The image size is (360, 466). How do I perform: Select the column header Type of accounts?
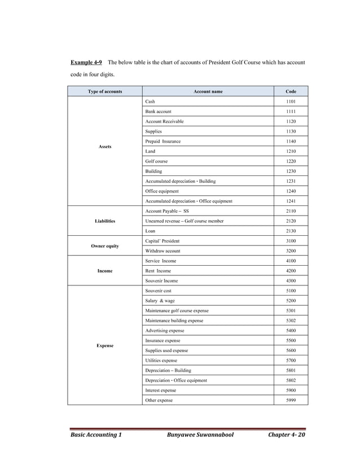(x=104, y=91)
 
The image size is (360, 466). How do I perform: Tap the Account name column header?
(x=208, y=91)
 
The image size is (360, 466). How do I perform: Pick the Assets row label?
(x=104, y=146)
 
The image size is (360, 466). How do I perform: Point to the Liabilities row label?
(x=104, y=221)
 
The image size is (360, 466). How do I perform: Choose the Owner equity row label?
(x=104, y=246)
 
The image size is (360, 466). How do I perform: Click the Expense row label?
(x=104, y=345)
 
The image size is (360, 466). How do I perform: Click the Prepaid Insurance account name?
(x=163, y=141)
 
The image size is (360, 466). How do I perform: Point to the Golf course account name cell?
(x=156, y=161)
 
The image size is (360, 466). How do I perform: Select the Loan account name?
(x=150, y=231)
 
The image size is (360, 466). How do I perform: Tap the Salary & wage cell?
(x=160, y=301)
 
